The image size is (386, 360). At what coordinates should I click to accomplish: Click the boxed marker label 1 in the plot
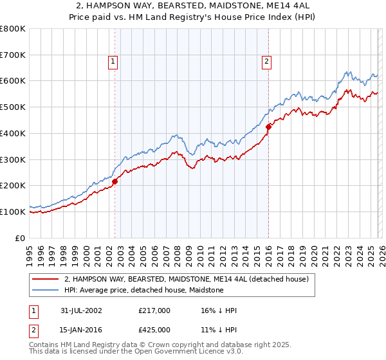[x=113, y=62]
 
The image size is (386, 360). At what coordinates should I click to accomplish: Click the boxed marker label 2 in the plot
[x=266, y=62]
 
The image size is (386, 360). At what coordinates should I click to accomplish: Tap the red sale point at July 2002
[x=115, y=181]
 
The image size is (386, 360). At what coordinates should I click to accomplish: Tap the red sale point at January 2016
[x=268, y=127]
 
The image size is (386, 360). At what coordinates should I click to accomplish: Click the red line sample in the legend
[x=45, y=279]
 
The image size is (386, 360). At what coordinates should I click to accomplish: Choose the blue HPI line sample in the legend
[x=45, y=290]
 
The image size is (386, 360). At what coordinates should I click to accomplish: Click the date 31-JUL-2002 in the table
[x=79, y=310]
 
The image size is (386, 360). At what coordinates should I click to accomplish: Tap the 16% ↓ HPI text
[x=219, y=310]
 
